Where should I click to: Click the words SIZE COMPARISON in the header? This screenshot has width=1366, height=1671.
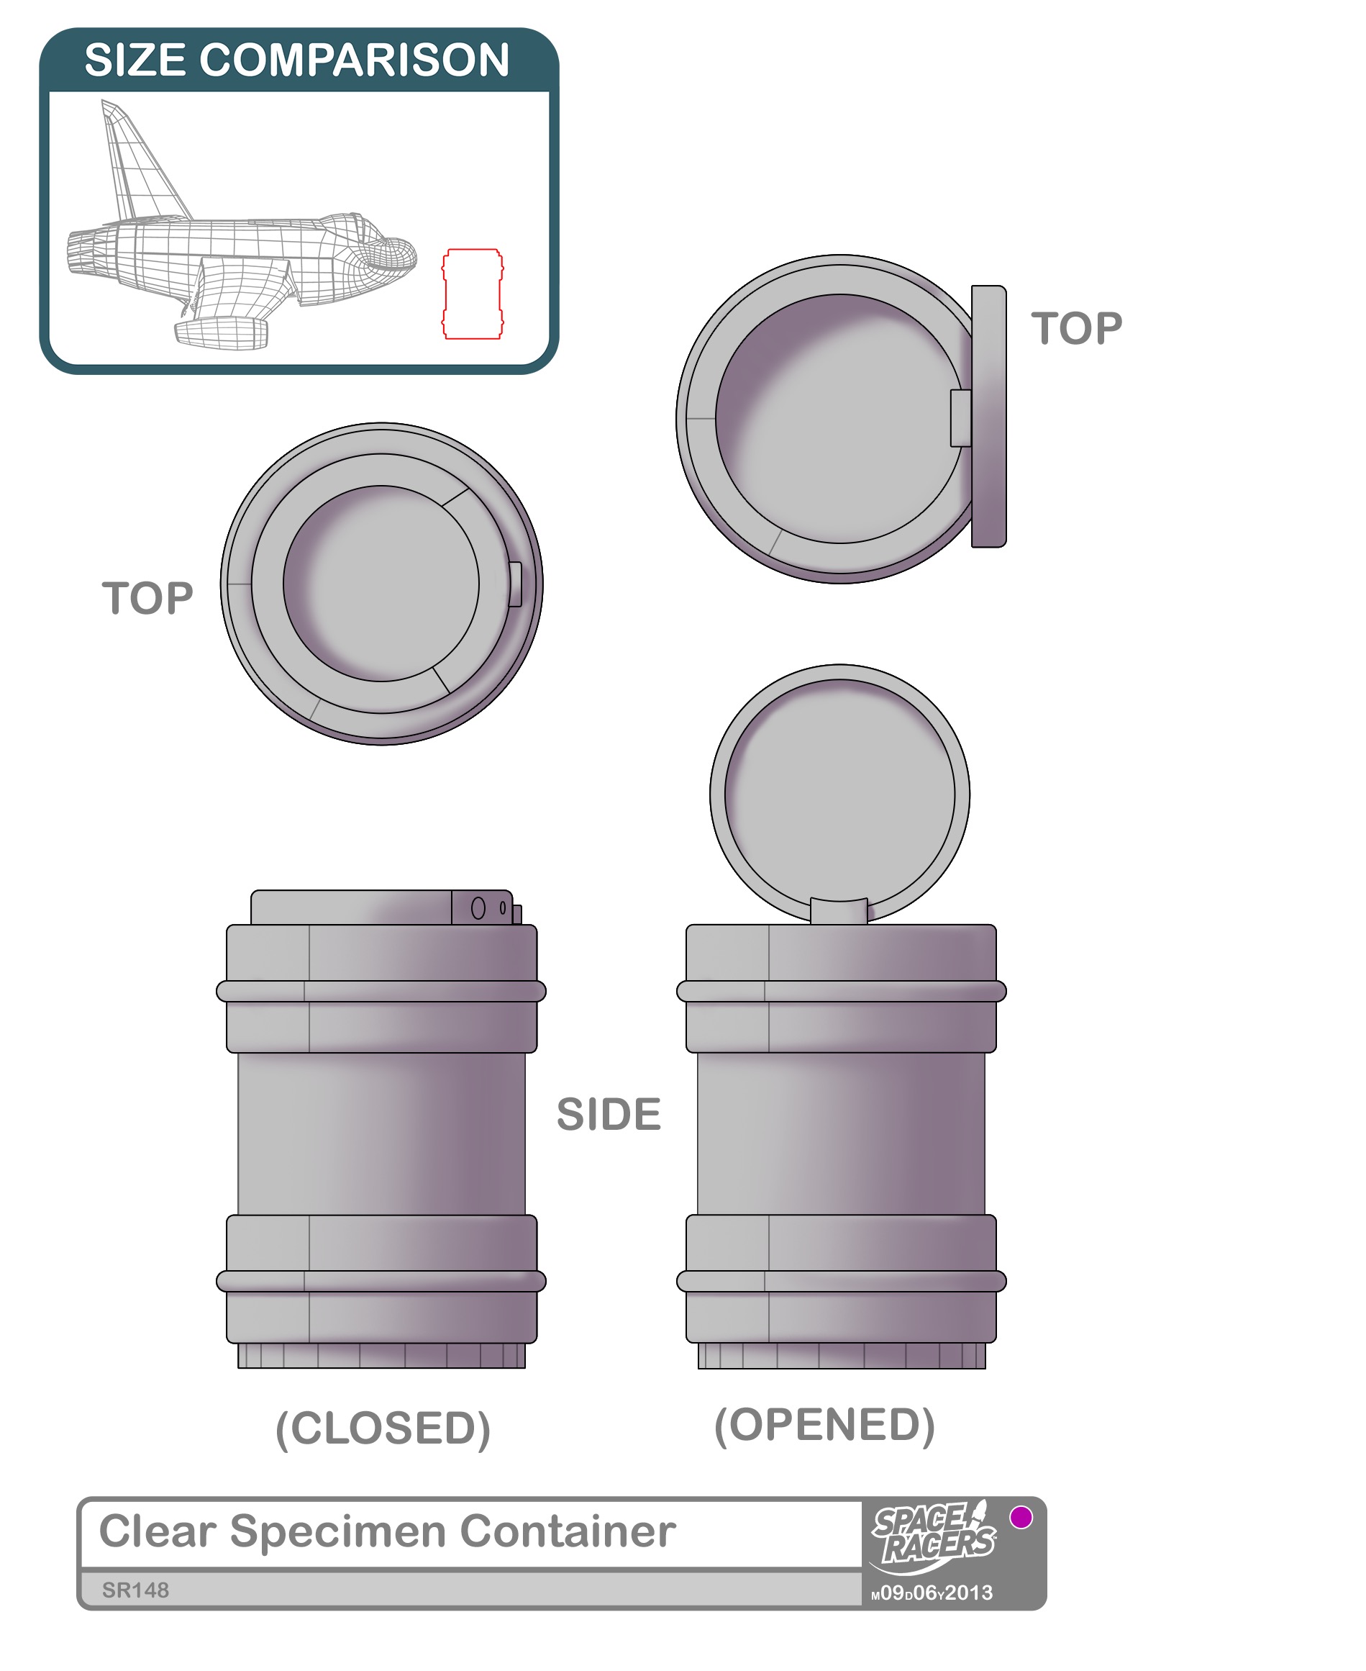(x=297, y=60)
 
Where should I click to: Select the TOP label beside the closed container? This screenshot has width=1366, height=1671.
(x=148, y=598)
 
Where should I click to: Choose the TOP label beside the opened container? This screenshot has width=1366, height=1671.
(x=1076, y=328)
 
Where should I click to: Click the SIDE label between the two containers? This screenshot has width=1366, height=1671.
(x=609, y=1115)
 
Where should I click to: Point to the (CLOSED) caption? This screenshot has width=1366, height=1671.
(x=383, y=1428)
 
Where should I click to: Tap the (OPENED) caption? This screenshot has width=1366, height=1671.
(x=824, y=1425)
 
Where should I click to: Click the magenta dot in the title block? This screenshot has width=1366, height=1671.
(x=1021, y=1517)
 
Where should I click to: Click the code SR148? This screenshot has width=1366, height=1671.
(x=135, y=1590)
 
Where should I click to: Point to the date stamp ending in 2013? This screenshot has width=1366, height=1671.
(x=932, y=1593)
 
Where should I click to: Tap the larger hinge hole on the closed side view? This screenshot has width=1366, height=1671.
(x=478, y=908)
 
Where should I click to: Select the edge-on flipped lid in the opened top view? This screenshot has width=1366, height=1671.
(x=989, y=417)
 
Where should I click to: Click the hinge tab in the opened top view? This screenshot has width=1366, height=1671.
(x=961, y=418)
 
